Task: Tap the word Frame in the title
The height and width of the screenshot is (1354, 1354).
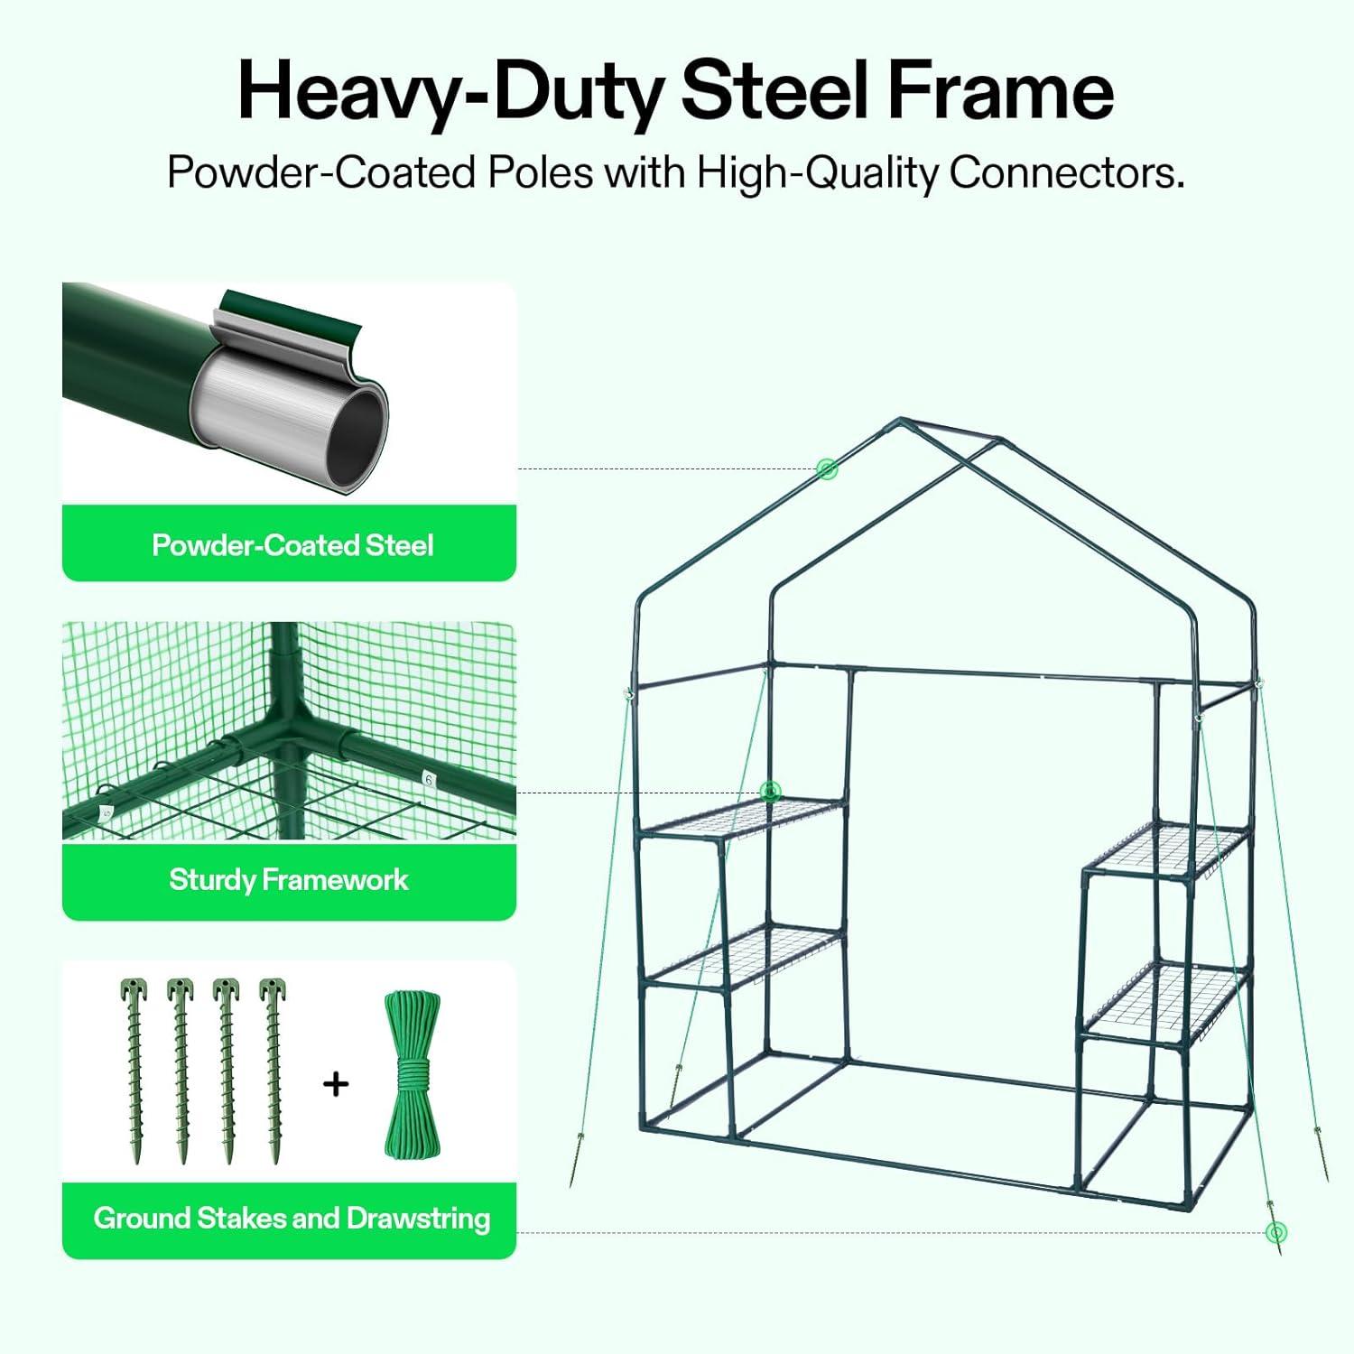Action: (1001, 90)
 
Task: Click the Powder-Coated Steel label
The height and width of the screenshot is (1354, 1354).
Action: (292, 545)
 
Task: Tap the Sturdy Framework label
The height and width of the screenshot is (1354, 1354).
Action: (289, 880)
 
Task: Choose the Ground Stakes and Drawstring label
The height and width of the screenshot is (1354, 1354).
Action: (292, 1219)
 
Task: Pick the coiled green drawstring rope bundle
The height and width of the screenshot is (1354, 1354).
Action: (413, 1074)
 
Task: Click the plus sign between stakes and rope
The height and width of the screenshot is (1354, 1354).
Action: (336, 1083)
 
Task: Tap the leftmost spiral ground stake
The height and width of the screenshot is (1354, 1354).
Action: (134, 1070)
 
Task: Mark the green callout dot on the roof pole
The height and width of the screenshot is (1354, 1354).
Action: (827, 468)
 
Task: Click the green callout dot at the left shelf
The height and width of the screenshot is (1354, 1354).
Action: (770, 792)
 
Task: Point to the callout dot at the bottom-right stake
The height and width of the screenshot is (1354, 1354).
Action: (1275, 1231)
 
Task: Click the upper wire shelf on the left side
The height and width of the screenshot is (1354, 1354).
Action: (745, 817)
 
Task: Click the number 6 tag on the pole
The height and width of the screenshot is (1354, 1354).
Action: (429, 779)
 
